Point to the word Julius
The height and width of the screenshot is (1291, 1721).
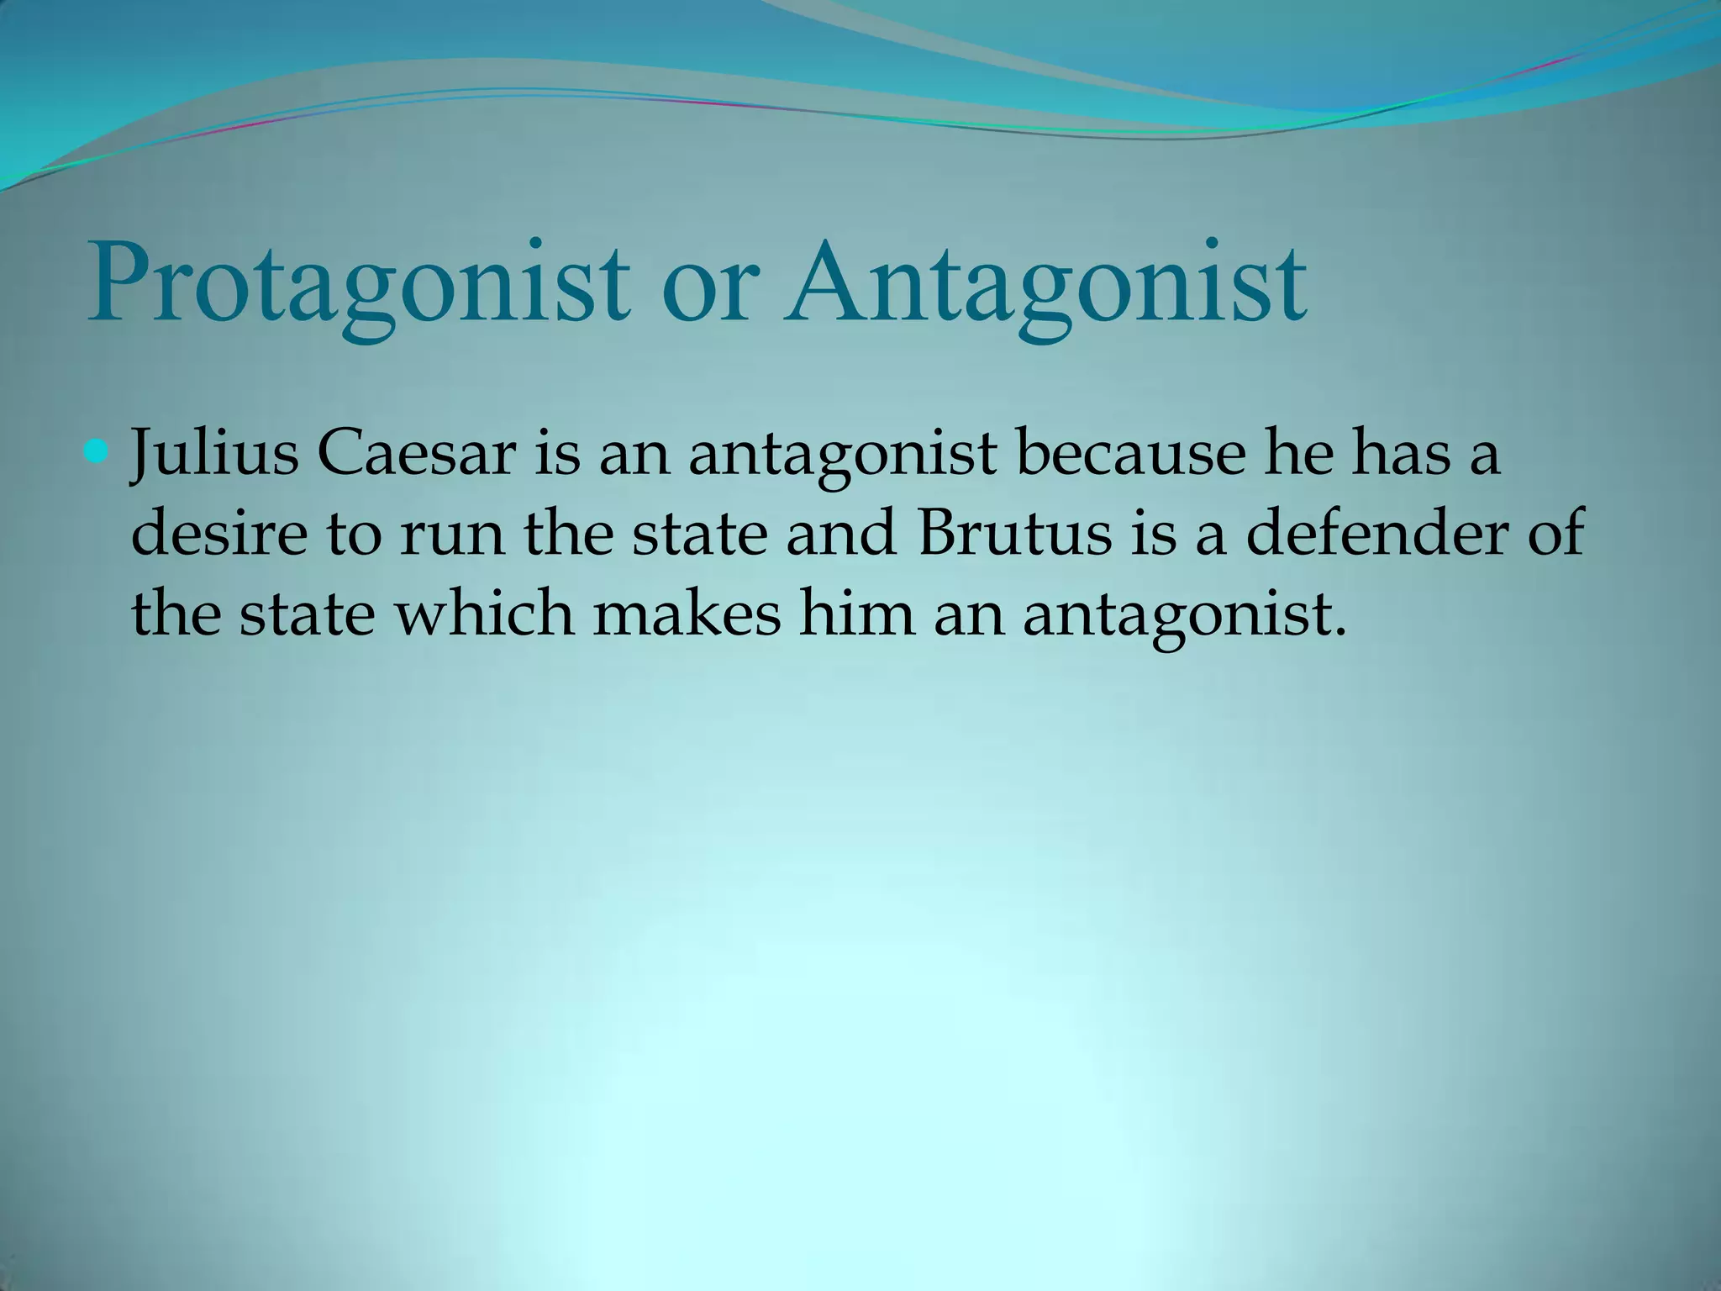(214, 455)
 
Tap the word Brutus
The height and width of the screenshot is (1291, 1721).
(1016, 535)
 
